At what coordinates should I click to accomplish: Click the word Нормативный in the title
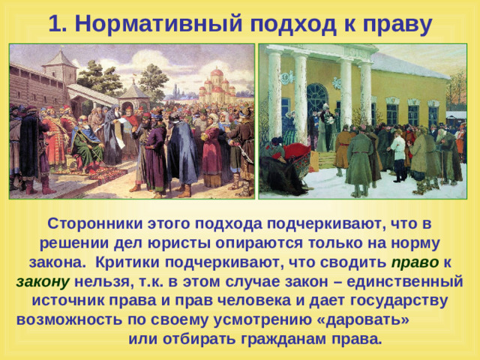click(158, 23)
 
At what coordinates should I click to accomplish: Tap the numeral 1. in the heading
click(58, 23)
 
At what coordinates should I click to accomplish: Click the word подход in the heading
click(293, 24)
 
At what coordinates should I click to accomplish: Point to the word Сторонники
click(95, 223)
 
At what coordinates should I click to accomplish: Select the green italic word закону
click(43, 282)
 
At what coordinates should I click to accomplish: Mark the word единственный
click(404, 282)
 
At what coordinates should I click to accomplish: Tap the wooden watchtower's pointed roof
click(60, 58)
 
